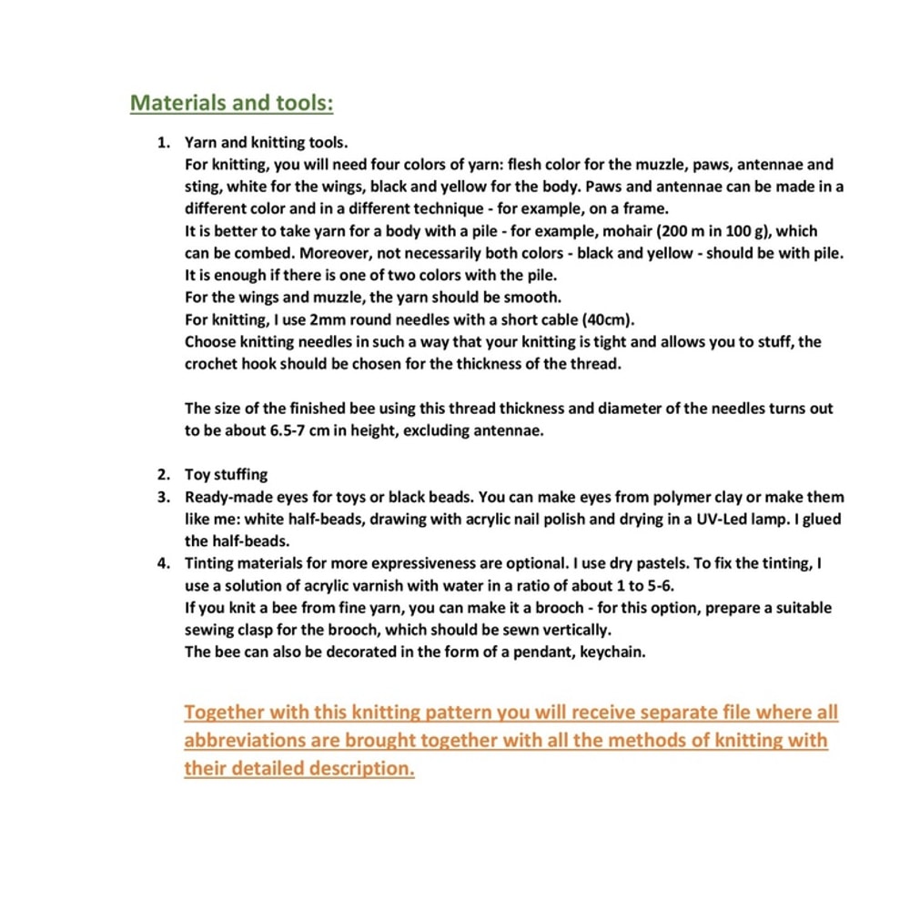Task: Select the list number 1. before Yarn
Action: [165, 143]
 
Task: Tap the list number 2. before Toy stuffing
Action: [165, 475]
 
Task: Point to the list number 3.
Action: [165, 497]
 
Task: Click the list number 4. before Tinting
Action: [165, 563]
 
